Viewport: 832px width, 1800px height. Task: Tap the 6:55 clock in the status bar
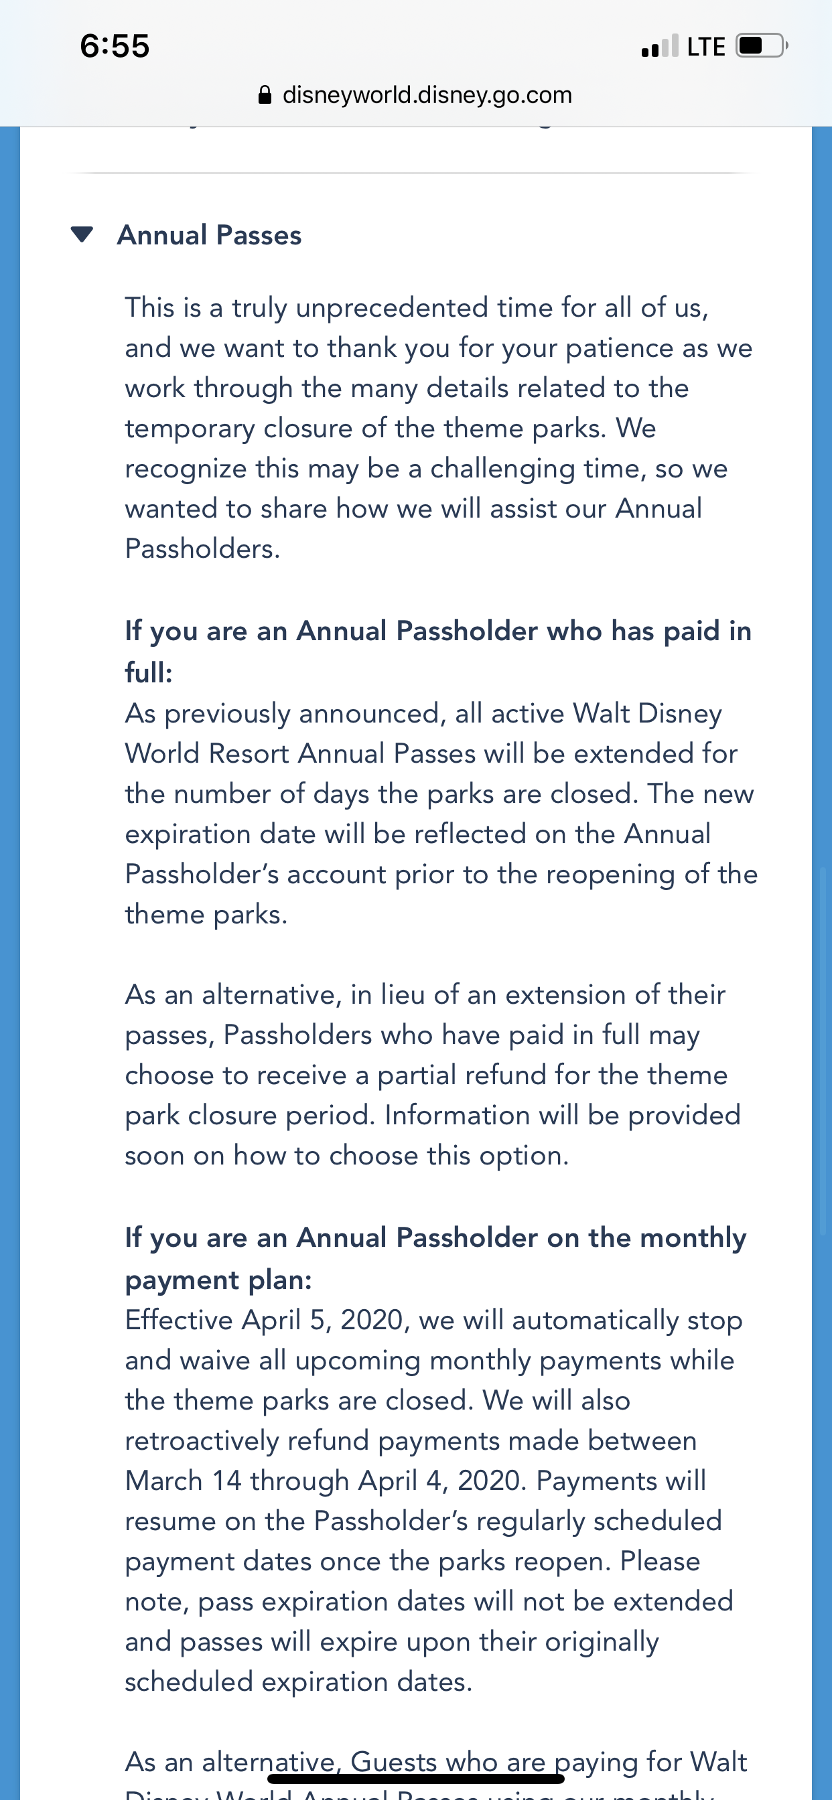click(x=115, y=46)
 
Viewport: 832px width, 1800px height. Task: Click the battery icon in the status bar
click(x=761, y=46)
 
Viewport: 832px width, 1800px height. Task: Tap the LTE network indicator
click(x=705, y=47)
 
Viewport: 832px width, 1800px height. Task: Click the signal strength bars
click(x=659, y=46)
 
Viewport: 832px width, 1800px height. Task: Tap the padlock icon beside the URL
click(x=265, y=95)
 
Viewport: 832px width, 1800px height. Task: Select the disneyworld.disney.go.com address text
click(x=427, y=95)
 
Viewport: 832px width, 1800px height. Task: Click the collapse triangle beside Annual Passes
click(x=82, y=235)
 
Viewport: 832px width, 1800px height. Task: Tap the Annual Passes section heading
click(x=209, y=236)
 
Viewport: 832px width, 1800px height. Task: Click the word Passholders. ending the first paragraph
click(x=202, y=549)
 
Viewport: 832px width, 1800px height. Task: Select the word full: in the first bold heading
click(x=148, y=673)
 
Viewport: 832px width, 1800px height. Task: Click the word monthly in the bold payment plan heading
click(x=693, y=1238)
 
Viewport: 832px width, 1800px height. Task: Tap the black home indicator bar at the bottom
click(x=416, y=1779)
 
